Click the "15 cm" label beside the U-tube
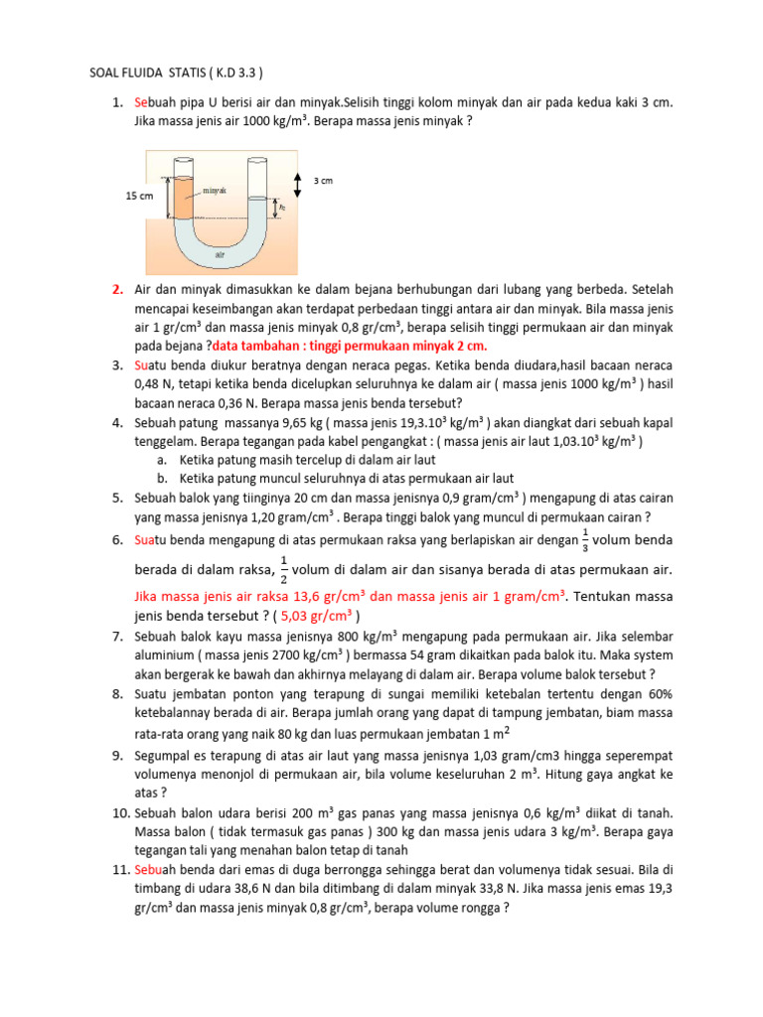139,197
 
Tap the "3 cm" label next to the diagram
323,181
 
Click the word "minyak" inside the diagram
216,189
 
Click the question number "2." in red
117,289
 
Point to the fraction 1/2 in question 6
284,570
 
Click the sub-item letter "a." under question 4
162,460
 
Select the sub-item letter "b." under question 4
162,478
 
